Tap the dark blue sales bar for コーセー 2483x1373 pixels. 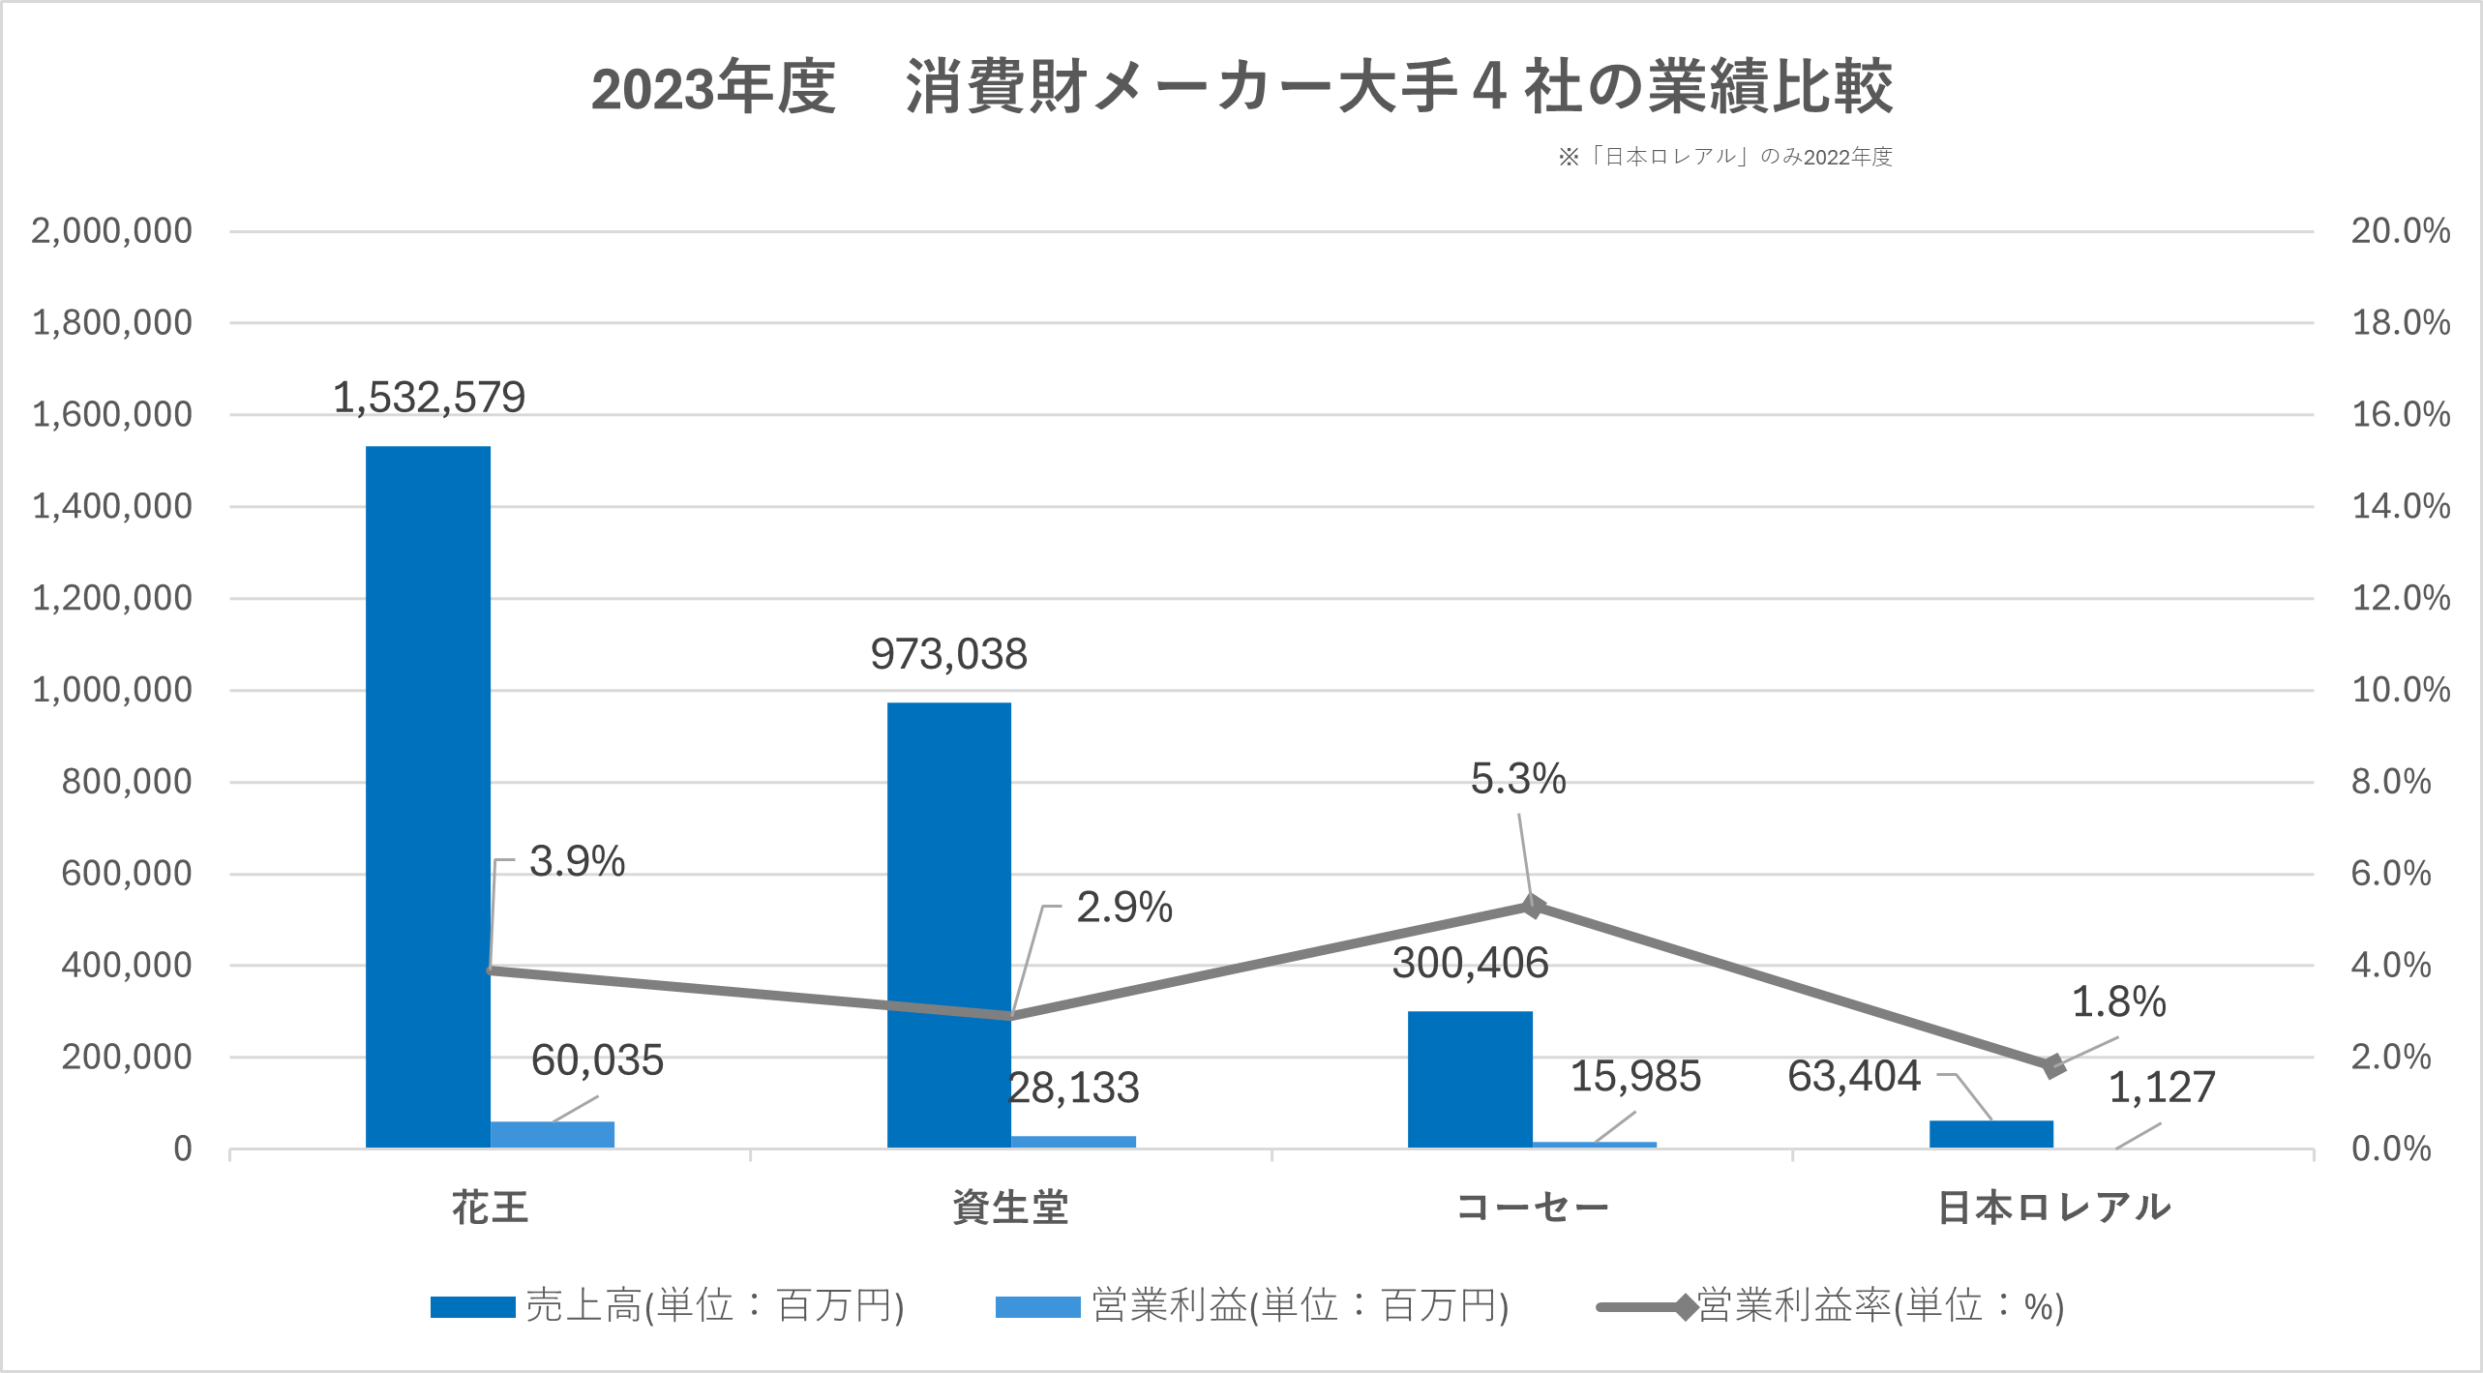click(1469, 1079)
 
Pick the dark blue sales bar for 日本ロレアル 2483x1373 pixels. click(1990, 1134)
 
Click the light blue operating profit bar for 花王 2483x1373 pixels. click(553, 1134)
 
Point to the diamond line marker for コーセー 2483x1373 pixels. click(1532, 906)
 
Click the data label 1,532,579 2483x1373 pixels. click(429, 398)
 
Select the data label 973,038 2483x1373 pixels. click(948, 655)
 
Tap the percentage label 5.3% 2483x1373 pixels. click(1517, 779)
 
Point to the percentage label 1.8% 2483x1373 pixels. click(2118, 1001)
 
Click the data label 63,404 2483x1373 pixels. click(1853, 1076)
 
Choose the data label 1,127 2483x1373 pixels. click(2161, 1088)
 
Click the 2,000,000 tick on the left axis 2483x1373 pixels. click(112, 231)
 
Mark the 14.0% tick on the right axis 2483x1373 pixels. click(2400, 506)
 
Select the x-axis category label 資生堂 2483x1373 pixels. click(1010, 1208)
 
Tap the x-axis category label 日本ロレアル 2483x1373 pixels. click(2053, 1208)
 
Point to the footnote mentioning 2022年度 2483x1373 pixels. click(1725, 157)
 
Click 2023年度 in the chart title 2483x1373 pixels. click(713, 87)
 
